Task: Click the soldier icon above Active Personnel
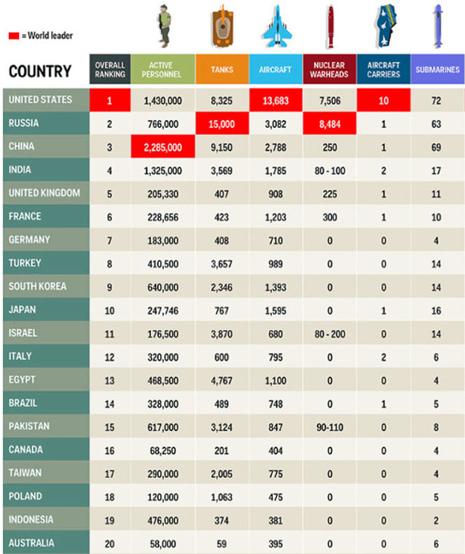[x=165, y=26]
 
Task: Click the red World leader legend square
[x=13, y=35]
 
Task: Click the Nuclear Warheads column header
[x=329, y=70]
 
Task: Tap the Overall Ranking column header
[x=110, y=70]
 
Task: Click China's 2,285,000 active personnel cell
[x=163, y=147]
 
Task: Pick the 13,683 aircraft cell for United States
[x=276, y=101]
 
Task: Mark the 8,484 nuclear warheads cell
[x=329, y=124]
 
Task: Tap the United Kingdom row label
[x=44, y=193]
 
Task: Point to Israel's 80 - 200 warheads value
[x=329, y=334]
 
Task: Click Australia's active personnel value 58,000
[x=163, y=544]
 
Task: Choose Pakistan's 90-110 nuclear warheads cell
[x=329, y=427]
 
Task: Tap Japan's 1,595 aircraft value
[x=276, y=310]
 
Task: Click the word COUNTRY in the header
[x=40, y=71]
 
